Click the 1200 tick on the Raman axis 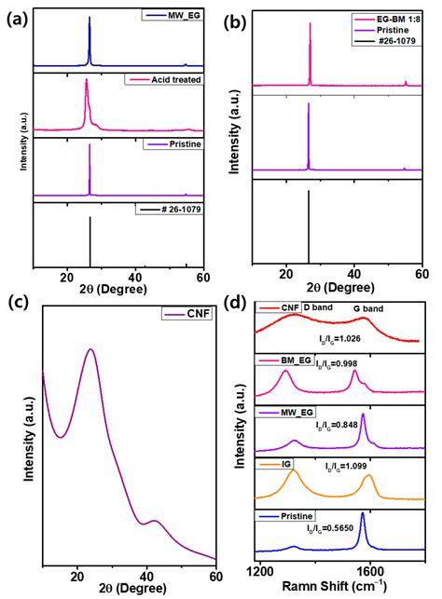pos(260,570)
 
